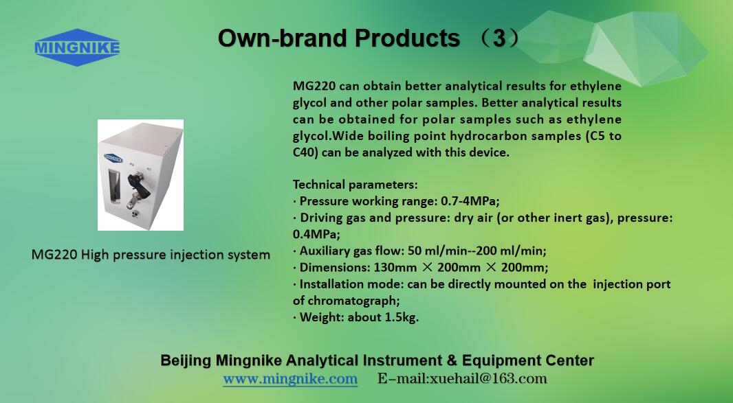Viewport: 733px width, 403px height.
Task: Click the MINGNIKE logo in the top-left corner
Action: [77, 47]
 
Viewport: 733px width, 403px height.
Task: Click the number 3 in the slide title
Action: [499, 38]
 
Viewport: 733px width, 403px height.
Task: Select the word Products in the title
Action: [407, 38]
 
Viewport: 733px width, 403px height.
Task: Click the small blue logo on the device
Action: [113, 159]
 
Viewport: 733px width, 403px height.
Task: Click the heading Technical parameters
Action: [355, 185]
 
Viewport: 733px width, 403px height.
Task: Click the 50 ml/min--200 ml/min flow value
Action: [476, 251]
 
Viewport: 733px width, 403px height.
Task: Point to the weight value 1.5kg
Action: [401, 318]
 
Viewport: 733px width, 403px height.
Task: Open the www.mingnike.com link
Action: [290, 379]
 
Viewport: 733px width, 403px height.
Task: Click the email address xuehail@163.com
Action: [488, 379]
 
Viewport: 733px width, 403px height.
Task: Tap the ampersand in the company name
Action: [452, 360]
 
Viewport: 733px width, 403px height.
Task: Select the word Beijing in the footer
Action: [186, 360]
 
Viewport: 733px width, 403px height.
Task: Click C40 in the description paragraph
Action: [305, 152]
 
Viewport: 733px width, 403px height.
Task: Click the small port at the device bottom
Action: [135, 214]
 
